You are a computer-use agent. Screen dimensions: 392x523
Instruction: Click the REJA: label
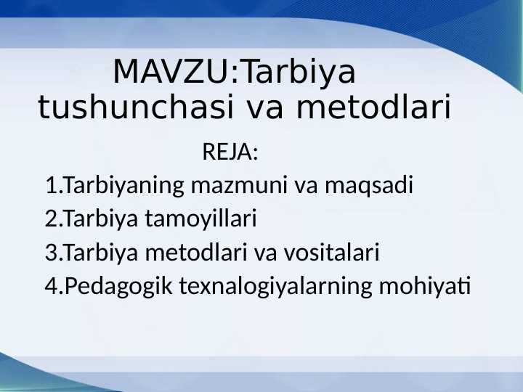click(230, 153)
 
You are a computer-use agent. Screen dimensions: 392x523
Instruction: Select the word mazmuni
click(240, 186)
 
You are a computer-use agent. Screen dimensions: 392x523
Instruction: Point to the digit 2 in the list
click(50, 219)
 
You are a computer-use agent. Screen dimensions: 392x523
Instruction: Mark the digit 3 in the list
click(50, 253)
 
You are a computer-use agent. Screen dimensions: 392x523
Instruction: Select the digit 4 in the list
click(50, 287)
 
